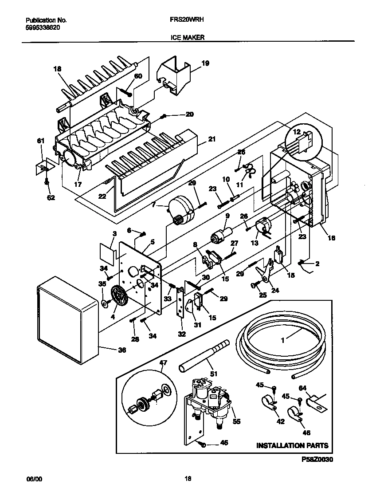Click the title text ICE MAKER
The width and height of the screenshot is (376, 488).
click(187, 38)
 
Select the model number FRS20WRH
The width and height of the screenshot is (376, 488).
click(187, 20)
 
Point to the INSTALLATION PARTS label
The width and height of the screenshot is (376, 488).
click(292, 445)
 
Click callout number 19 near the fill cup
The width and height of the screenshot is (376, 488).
click(205, 63)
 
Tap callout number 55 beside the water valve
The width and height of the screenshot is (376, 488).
click(237, 421)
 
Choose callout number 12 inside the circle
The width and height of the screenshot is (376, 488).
click(297, 132)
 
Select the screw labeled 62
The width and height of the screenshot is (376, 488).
click(47, 182)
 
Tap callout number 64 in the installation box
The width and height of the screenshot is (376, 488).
click(302, 388)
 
